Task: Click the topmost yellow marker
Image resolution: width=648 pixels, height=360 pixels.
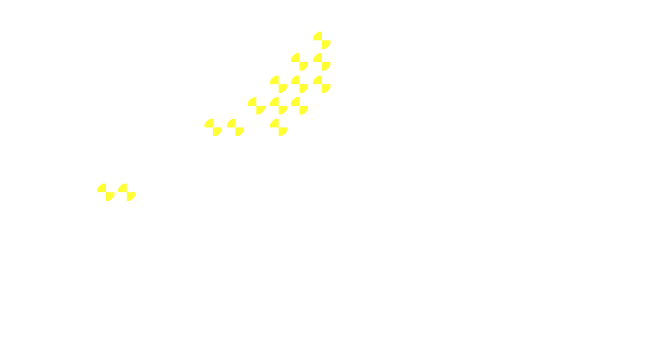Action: pyautogui.click(x=322, y=40)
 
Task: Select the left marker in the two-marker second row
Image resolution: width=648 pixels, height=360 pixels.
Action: pyautogui.click(x=299, y=62)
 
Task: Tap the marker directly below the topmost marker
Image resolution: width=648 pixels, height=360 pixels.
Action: pyautogui.click(x=322, y=62)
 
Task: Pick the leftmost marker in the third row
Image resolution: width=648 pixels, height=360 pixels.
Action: pyautogui.click(x=279, y=84)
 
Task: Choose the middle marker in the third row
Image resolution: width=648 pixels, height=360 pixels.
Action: pyautogui.click(x=300, y=84)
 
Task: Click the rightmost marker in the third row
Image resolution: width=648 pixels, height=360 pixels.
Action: pyautogui.click(x=322, y=84)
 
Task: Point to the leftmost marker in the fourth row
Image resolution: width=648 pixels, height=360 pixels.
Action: pyautogui.click(x=256, y=106)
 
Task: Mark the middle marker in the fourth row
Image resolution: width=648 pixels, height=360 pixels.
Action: pyautogui.click(x=279, y=106)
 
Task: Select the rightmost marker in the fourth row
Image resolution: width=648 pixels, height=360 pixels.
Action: pyautogui.click(x=300, y=106)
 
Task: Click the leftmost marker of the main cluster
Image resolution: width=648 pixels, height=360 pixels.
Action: pyautogui.click(x=213, y=127)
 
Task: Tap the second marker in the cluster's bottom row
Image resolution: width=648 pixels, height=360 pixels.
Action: pyautogui.click(x=235, y=127)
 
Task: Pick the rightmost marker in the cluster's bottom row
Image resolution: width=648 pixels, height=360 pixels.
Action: pyautogui.click(x=279, y=127)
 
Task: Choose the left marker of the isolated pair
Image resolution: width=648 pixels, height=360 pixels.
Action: pyautogui.click(x=106, y=192)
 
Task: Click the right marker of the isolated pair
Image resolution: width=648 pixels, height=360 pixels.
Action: pyautogui.click(x=127, y=192)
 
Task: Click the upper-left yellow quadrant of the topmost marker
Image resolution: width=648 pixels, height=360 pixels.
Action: pyautogui.click(x=318, y=37)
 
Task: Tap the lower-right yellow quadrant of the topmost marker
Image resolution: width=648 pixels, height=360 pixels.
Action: pyautogui.click(x=325, y=44)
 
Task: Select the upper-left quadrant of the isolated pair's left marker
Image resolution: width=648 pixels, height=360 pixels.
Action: pyautogui.click(x=102, y=189)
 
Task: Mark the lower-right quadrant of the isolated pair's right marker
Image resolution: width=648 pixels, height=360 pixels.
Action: pyautogui.click(x=130, y=196)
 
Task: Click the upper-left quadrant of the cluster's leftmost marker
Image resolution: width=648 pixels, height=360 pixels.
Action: pyautogui.click(x=210, y=124)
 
